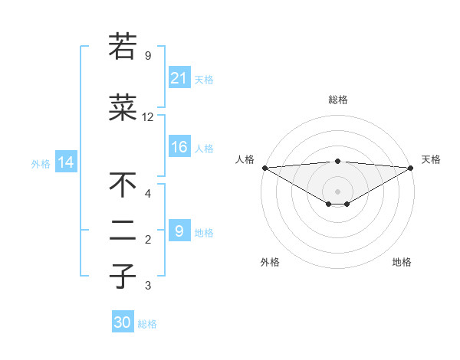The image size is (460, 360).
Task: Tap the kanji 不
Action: (123, 185)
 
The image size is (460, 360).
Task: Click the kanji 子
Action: (123, 275)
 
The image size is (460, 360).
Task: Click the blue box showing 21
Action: (179, 78)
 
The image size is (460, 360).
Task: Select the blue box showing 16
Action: (179, 148)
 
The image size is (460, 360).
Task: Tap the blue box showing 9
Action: (179, 231)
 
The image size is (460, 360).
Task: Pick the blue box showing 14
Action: (65, 162)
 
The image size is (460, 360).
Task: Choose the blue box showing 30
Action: (123, 322)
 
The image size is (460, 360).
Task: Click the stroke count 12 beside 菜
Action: (147, 117)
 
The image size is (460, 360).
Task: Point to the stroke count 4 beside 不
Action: (147, 193)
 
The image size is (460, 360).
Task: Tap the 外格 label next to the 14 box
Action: (41, 163)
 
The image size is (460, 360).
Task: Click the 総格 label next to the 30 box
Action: (147, 324)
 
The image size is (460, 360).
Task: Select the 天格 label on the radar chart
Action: (431, 159)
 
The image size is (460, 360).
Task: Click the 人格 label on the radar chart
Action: (245, 159)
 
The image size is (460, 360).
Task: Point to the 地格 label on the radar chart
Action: (402, 263)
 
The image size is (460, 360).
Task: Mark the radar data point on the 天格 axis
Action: (411, 168)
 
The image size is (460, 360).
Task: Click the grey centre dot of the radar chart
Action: (337, 191)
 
